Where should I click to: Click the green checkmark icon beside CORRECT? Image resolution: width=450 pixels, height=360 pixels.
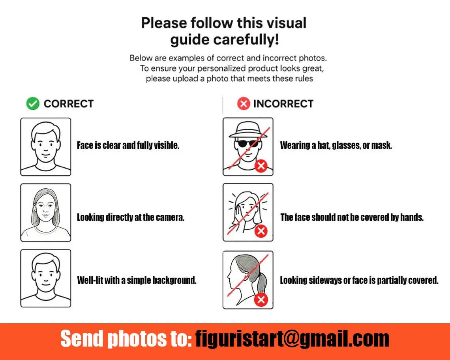(33, 104)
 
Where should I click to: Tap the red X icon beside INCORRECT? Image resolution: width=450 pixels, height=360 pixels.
(244, 103)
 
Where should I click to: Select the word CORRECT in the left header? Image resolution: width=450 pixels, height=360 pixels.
(69, 104)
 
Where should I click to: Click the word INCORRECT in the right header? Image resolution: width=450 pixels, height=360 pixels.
(283, 104)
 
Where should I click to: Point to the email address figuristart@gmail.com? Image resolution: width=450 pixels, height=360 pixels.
(292, 339)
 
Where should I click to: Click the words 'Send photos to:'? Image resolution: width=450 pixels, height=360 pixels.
(126, 339)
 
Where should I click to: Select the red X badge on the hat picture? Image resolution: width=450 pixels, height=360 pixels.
(261, 166)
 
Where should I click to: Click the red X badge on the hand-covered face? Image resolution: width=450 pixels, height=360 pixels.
(261, 231)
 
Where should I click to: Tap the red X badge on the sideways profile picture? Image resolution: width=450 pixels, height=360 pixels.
(261, 300)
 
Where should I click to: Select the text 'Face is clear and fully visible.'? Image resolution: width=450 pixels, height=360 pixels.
(128, 145)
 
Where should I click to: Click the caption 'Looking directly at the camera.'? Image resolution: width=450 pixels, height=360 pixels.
(131, 217)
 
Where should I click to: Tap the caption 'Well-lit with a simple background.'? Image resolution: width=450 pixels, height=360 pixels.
(137, 280)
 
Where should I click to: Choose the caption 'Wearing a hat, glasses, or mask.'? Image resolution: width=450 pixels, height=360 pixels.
(336, 145)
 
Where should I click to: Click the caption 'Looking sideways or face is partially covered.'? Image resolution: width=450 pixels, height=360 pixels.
(359, 280)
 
